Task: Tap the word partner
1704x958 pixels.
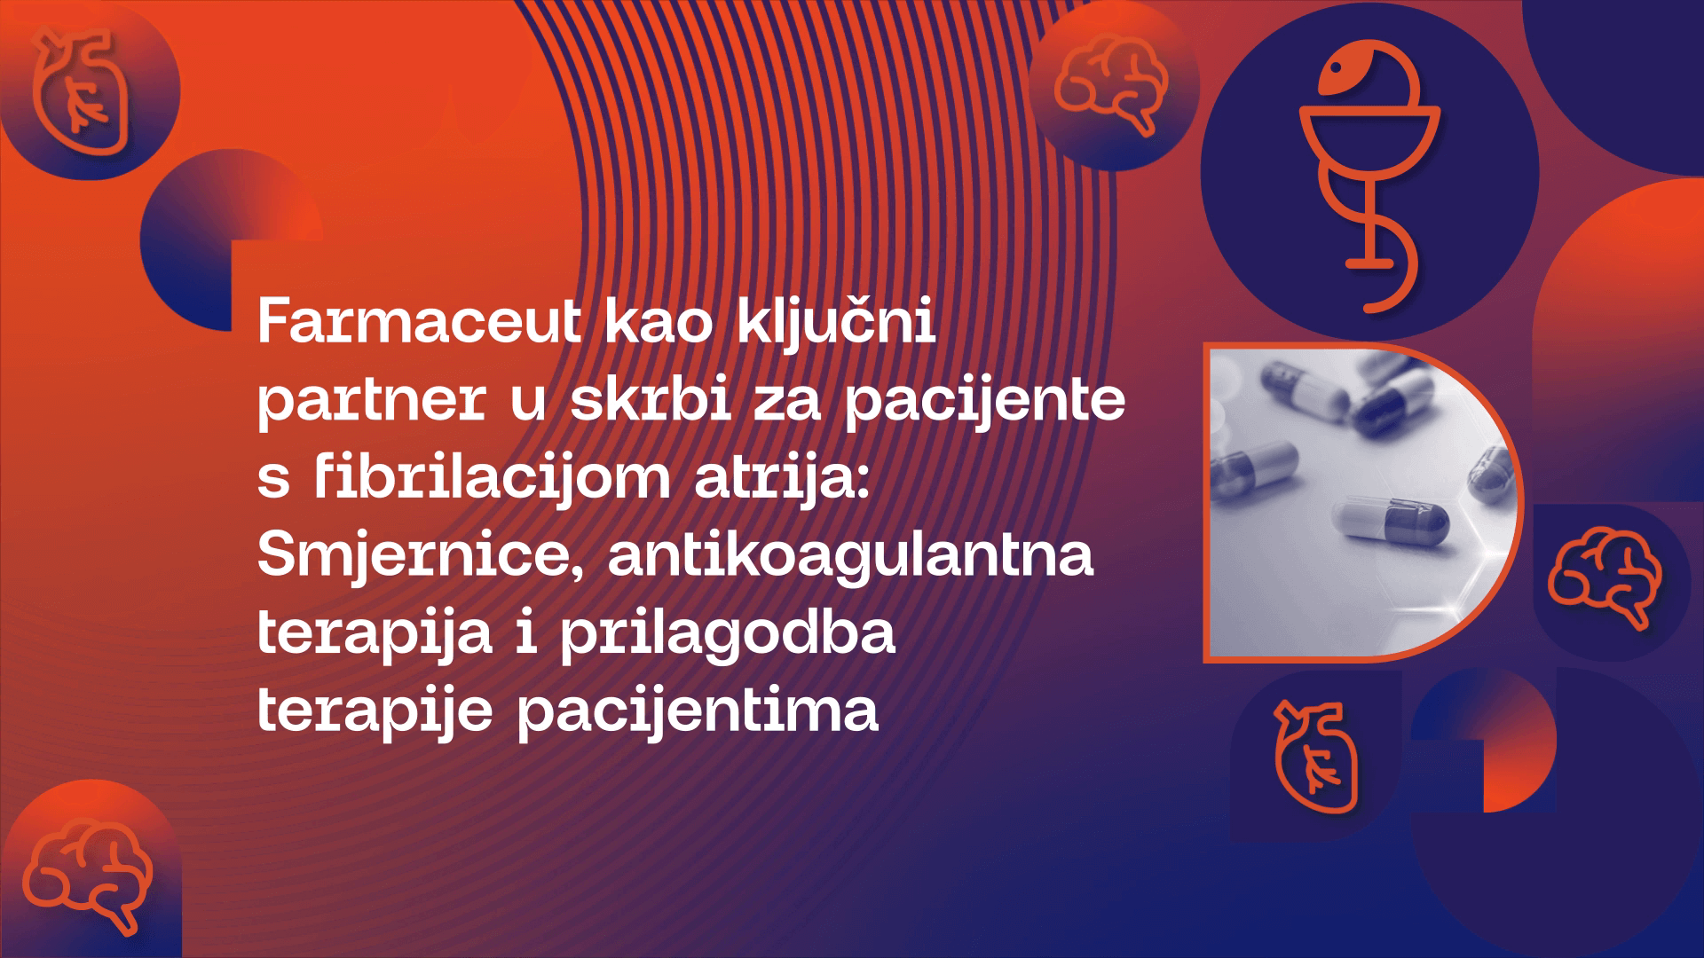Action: tap(370, 401)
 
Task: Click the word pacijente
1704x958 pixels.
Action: tap(984, 401)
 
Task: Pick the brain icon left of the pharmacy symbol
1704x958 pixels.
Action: tap(1111, 85)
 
